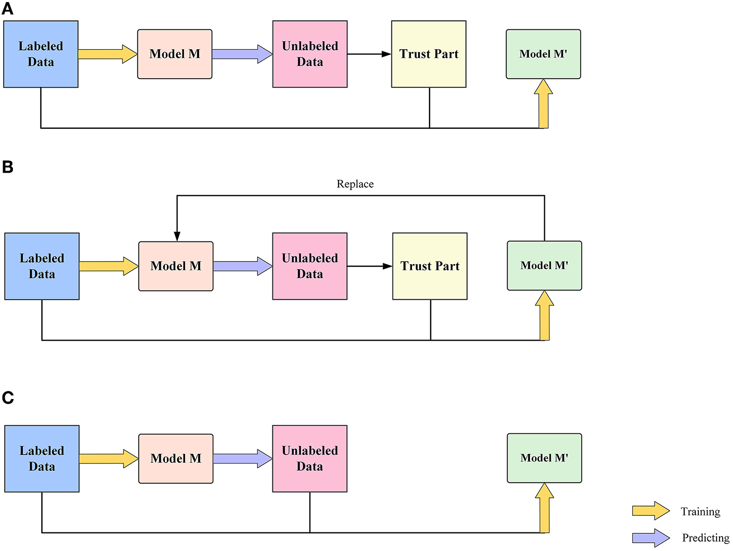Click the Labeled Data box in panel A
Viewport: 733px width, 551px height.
(41, 54)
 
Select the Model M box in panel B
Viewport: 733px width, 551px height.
(176, 266)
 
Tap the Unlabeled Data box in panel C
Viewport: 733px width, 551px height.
(310, 458)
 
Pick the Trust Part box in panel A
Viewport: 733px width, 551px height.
(429, 54)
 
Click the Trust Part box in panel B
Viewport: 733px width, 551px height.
(430, 266)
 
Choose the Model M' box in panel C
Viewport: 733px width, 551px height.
(544, 458)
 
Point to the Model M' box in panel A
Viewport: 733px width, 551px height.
(543, 54)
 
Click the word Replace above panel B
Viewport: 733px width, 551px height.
(355, 184)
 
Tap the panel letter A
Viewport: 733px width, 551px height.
(8, 9)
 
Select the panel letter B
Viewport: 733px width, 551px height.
(8, 167)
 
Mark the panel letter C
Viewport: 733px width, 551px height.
(8, 397)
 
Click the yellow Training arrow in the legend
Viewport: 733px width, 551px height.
(651, 511)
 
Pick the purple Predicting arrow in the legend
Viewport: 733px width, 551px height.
(651, 538)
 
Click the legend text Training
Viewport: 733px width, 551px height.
(700, 512)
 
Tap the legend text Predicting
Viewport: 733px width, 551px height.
(706, 538)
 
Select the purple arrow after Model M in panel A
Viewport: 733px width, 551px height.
(242, 54)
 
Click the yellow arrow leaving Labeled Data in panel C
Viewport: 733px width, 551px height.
(109, 458)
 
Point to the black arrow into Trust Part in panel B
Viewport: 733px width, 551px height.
(370, 266)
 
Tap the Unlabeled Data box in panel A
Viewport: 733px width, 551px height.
(310, 54)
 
